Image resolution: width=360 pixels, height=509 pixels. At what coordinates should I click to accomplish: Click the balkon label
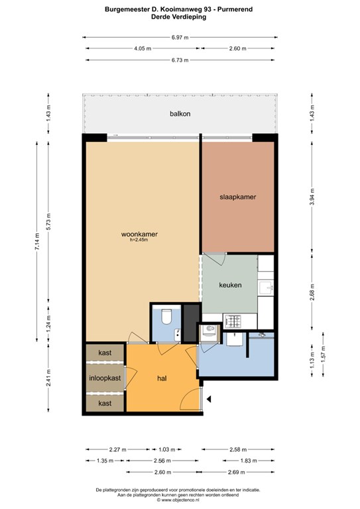(x=180, y=113)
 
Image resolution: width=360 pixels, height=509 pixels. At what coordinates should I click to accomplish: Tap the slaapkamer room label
(x=237, y=197)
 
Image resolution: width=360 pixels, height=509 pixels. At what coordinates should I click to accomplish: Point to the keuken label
(x=230, y=285)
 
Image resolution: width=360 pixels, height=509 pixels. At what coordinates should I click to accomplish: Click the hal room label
(x=162, y=378)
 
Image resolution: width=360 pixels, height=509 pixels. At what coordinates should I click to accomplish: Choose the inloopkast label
(x=105, y=378)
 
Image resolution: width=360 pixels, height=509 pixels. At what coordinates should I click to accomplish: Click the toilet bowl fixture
(x=166, y=317)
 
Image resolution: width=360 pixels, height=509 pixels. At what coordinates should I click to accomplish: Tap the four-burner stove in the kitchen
(x=233, y=321)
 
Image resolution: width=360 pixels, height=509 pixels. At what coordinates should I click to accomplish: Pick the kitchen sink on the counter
(x=266, y=288)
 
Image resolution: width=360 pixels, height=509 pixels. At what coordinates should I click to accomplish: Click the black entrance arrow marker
(x=209, y=399)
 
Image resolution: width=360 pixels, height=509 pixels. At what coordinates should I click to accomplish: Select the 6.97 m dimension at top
(x=180, y=37)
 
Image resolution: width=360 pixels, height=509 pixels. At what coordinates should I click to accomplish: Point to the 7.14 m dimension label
(x=37, y=241)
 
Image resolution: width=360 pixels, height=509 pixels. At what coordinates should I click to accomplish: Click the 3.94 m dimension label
(x=312, y=197)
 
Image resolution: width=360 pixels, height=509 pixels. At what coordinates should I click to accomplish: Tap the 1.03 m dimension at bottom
(x=167, y=449)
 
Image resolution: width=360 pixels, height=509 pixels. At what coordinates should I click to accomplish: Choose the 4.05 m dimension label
(x=143, y=48)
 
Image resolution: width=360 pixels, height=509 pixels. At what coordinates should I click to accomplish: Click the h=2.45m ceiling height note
(x=139, y=240)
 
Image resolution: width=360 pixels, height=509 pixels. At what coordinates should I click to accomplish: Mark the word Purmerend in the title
(x=235, y=9)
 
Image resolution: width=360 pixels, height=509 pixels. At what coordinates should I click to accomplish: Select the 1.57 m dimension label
(x=324, y=354)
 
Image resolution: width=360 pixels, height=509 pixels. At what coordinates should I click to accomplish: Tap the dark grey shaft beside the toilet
(x=191, y=323)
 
